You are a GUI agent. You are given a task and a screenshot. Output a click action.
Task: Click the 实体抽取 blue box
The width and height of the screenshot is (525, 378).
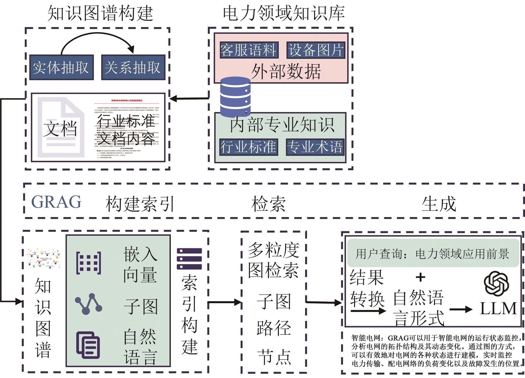pos(61,68)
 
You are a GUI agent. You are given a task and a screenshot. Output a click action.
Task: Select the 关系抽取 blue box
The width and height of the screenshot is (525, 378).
pos(133,68)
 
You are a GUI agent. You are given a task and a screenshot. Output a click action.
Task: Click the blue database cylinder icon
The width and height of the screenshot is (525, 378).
pos(235,97)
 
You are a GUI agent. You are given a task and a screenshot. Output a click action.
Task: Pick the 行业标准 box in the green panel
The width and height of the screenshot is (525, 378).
pos(249,147)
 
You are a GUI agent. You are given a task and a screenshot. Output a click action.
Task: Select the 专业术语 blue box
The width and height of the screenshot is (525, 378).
pos(315,147)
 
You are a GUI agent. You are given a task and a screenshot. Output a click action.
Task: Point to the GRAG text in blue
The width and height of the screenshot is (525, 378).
pos(56,202)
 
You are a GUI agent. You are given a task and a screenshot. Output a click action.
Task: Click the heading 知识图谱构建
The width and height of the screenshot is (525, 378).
pos(100,13)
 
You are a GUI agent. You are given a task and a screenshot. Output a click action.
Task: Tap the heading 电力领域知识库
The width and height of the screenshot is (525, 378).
pos(284,13)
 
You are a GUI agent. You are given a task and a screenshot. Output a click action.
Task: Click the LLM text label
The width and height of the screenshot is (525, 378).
pos(498,308)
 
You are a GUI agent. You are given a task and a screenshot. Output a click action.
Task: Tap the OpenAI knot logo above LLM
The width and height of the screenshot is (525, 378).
pos(496,283)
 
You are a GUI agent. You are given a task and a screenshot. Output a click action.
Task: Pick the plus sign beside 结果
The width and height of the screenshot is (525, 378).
pos(420,277)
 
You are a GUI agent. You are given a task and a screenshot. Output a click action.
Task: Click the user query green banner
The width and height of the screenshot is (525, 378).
pos(433,253)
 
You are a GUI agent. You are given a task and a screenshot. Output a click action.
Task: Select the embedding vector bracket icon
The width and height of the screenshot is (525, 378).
pos(89,263)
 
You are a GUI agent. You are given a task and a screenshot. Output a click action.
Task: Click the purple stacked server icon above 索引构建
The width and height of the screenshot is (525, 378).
pos(189,259)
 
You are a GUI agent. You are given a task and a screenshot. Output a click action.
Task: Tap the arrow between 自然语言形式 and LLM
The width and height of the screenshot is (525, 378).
pos(461,309)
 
